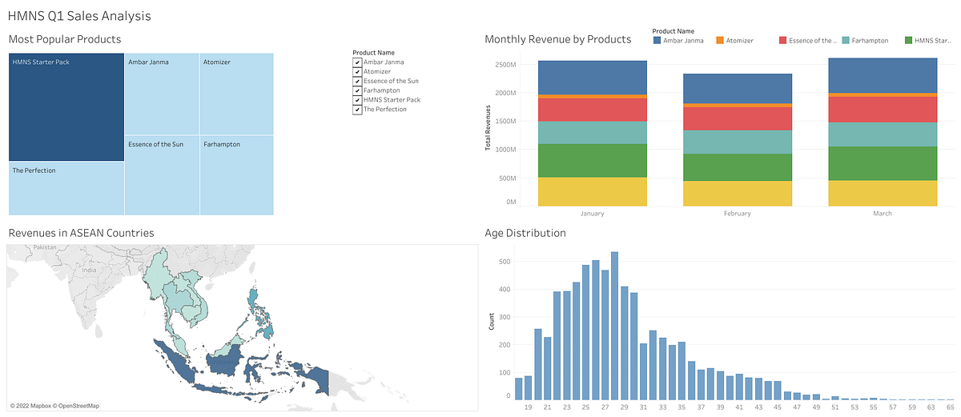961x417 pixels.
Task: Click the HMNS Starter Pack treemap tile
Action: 66,107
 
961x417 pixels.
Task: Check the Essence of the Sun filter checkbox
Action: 357,81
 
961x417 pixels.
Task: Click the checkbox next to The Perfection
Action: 357,109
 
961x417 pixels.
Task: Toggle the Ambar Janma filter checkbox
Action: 357,62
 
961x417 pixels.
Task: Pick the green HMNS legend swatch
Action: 909,40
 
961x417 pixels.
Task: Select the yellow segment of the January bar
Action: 593,191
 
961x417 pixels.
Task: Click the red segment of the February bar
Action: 738,118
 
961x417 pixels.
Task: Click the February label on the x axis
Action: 738,214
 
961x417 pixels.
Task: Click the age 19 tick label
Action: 528,407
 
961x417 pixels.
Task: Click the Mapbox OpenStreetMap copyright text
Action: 54,406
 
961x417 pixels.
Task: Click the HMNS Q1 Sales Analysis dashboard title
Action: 79,15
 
